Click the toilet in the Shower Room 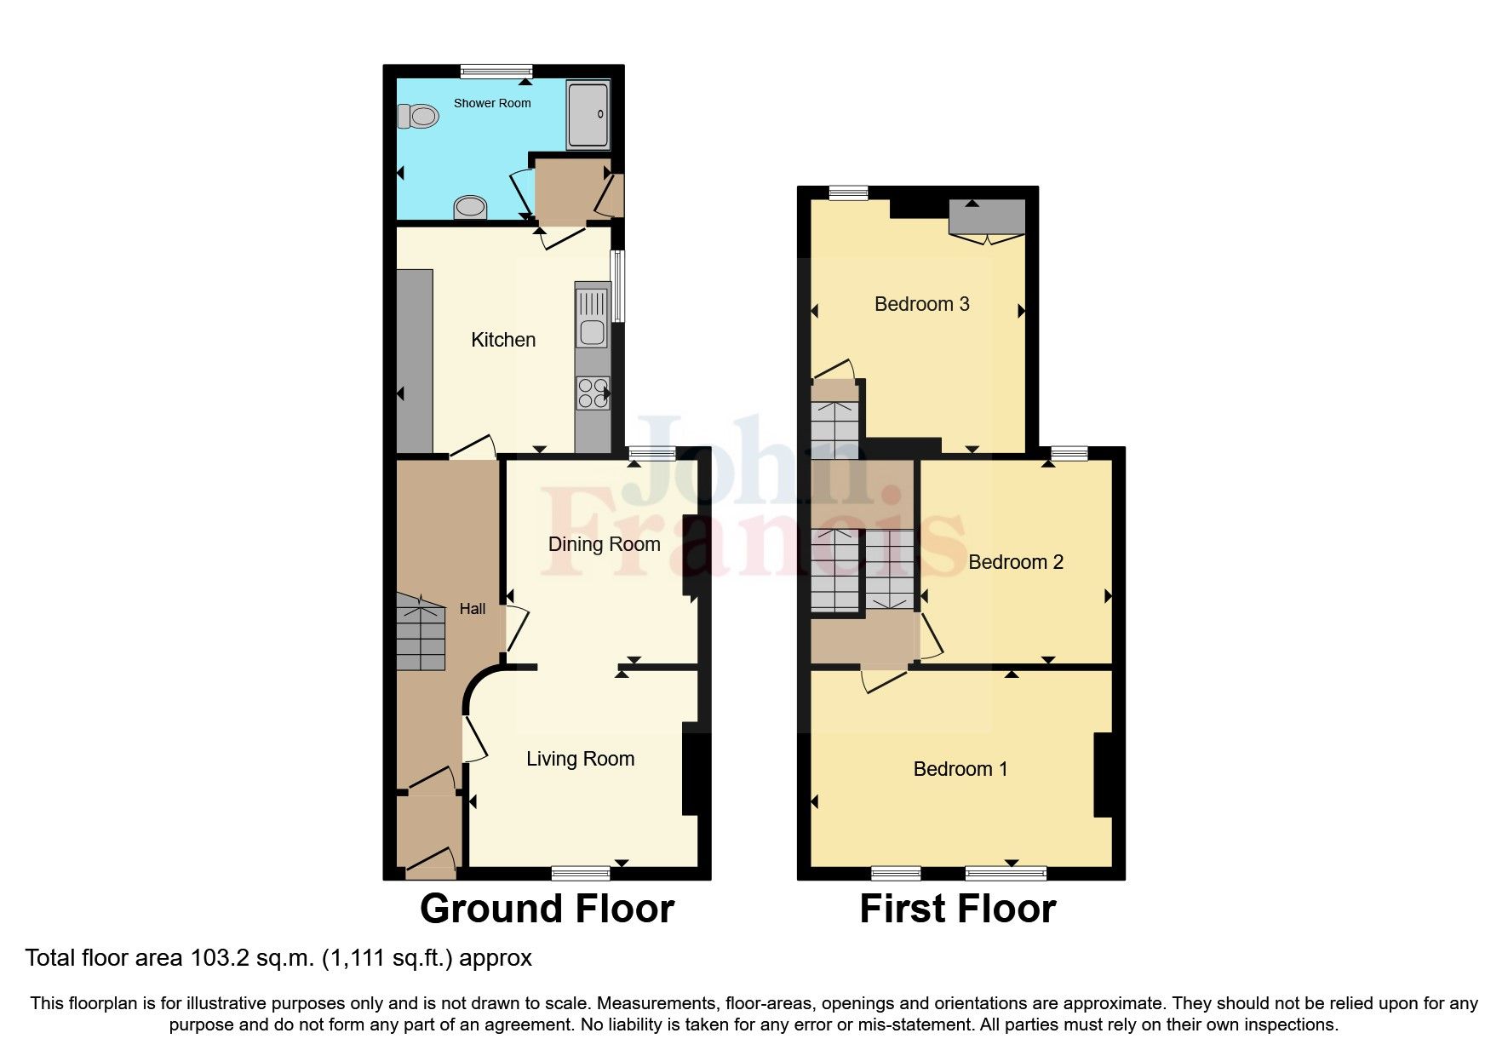[417, 116]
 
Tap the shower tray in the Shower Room [588, 115]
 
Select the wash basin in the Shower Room [470, 207]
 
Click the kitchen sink [592, 318]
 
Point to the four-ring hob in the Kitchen [593, 393]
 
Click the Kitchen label [503, 340]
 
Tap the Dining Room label [604, 544]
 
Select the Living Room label [580, 759]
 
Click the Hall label [473, 609]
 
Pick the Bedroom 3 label [921, 304]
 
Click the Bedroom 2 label [1015, 562]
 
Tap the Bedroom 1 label [960, 769]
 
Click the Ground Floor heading [547, 909]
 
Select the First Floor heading [957, 909]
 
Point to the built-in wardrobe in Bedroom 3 [987, 217]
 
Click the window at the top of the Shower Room [496, 72]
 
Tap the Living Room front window [580, 873]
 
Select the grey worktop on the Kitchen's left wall [415, 361]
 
